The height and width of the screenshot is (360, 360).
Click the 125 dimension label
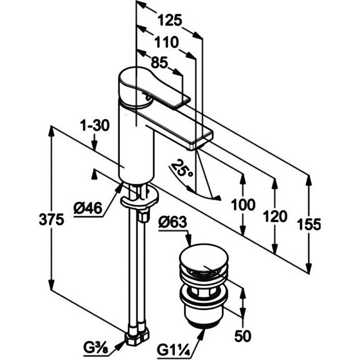[x=170, y=20]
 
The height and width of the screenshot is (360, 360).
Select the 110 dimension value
[x=167, y=42]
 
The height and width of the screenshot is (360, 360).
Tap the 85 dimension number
[x=159, y=62]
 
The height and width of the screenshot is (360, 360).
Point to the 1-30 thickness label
[x=94, y=126]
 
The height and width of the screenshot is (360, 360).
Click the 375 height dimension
[x=51, y=219]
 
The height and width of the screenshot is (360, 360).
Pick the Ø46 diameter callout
[x=88, y=208]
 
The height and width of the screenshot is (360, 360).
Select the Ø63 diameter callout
[x=172, y=222]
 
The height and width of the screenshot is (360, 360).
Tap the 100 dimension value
[x=243, y=204]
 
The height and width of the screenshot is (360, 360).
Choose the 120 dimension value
[x=275, y=216]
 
